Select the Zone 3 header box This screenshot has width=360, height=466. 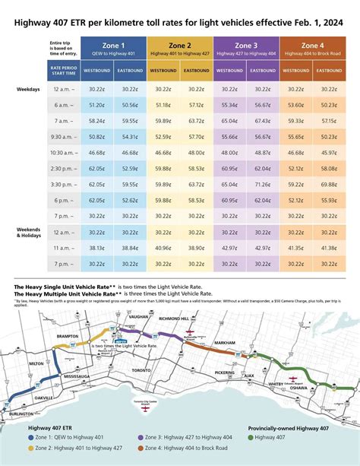pyautogui.click(x=247, y=47)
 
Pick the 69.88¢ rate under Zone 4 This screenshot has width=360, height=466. pyautogui.click(x=329, y=184)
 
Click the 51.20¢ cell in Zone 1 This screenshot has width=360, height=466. pyautogui.click(x=96, y=106)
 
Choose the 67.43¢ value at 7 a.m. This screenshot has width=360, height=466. pyautogui.click(x=263, y=121)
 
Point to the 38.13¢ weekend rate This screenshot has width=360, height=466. pyautogui.click(x=96, y=248)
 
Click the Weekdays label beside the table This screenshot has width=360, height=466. pyautogui.click(x=28, y=89)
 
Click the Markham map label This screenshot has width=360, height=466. pyautogui.click(x=226, y=344)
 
